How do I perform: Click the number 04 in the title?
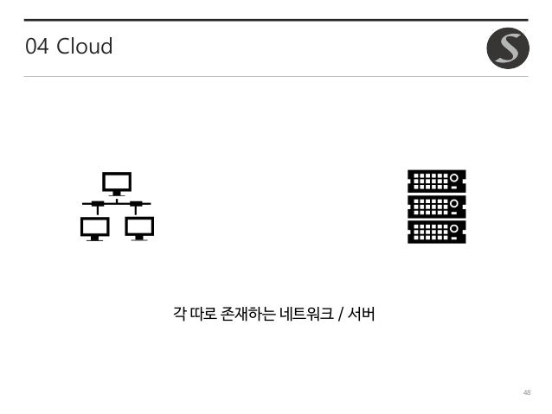click(37, 47)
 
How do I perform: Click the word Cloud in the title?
click(84, 47)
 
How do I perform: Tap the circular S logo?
click(508, 48)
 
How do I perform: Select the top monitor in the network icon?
click(117, 182)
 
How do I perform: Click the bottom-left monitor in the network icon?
click(94, 227)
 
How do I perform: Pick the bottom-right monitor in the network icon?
click(139, 227)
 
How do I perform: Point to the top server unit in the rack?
click(436, 182)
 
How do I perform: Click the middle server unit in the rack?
click(436, 207)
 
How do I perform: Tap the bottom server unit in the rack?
click(436, 232)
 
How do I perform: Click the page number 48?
click(526, 392)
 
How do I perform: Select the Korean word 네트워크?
click(305, 312)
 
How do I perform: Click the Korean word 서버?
click(363, 312)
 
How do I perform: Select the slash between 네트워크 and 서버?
click(343, 312)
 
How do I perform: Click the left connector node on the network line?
click(98, 204)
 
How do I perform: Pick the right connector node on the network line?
click(136, 204)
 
